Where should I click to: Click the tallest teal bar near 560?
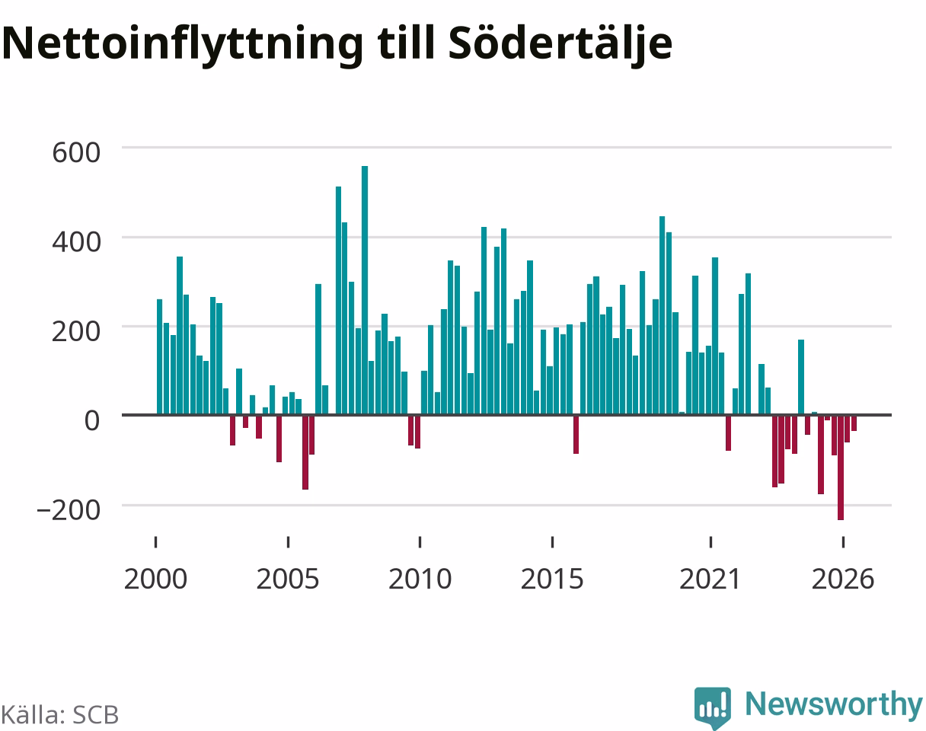365,290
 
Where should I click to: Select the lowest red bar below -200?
841,468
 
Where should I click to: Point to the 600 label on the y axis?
76,152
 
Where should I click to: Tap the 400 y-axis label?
76,242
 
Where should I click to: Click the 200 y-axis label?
76,331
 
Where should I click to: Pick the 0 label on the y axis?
92,420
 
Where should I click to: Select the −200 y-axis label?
69,510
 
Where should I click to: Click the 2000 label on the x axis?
155,579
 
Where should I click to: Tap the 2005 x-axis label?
288,579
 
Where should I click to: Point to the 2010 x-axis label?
420,579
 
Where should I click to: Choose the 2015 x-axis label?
552,579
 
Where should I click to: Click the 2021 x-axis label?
710,579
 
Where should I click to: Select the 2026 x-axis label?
843,579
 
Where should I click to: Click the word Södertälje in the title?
560,44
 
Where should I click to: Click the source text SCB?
95,715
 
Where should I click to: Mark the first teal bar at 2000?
160,356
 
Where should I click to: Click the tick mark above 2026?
843,542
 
